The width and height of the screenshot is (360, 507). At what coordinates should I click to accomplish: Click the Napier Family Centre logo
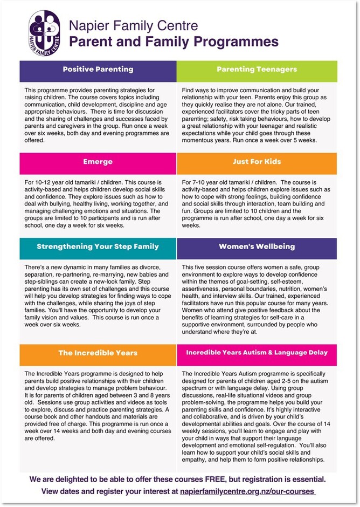point(45,33)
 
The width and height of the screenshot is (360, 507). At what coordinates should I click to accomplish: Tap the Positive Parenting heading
point(98,70)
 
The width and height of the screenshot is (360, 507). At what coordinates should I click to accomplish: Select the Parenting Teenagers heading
point(257,70)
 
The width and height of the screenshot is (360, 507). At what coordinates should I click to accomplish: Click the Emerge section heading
point(98,162)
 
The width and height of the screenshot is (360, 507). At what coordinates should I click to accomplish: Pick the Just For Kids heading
point(257,162)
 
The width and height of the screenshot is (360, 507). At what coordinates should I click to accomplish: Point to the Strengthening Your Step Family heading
point(98,247)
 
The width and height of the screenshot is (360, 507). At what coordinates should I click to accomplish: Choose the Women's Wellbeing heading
point(257,247)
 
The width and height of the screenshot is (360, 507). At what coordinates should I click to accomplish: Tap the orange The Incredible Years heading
point(98,353)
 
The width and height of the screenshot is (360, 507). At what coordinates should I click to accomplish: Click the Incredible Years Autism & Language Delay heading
point(257,353)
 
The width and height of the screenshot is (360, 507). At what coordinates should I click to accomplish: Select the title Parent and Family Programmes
point(174,42)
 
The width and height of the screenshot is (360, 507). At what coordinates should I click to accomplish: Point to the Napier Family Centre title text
point(133,26)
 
